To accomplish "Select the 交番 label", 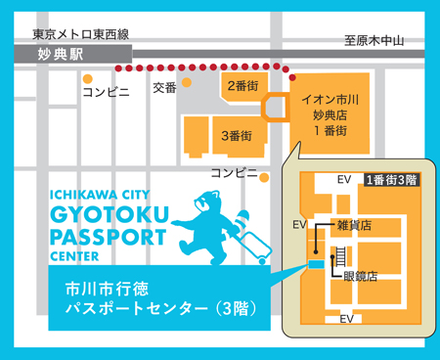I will coord(164,88).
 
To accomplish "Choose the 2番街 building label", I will coord(242,86).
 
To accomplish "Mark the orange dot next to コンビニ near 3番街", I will coord(263,177).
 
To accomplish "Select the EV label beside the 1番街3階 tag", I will coord(343,180).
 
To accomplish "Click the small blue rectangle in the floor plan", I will coord(316,263).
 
